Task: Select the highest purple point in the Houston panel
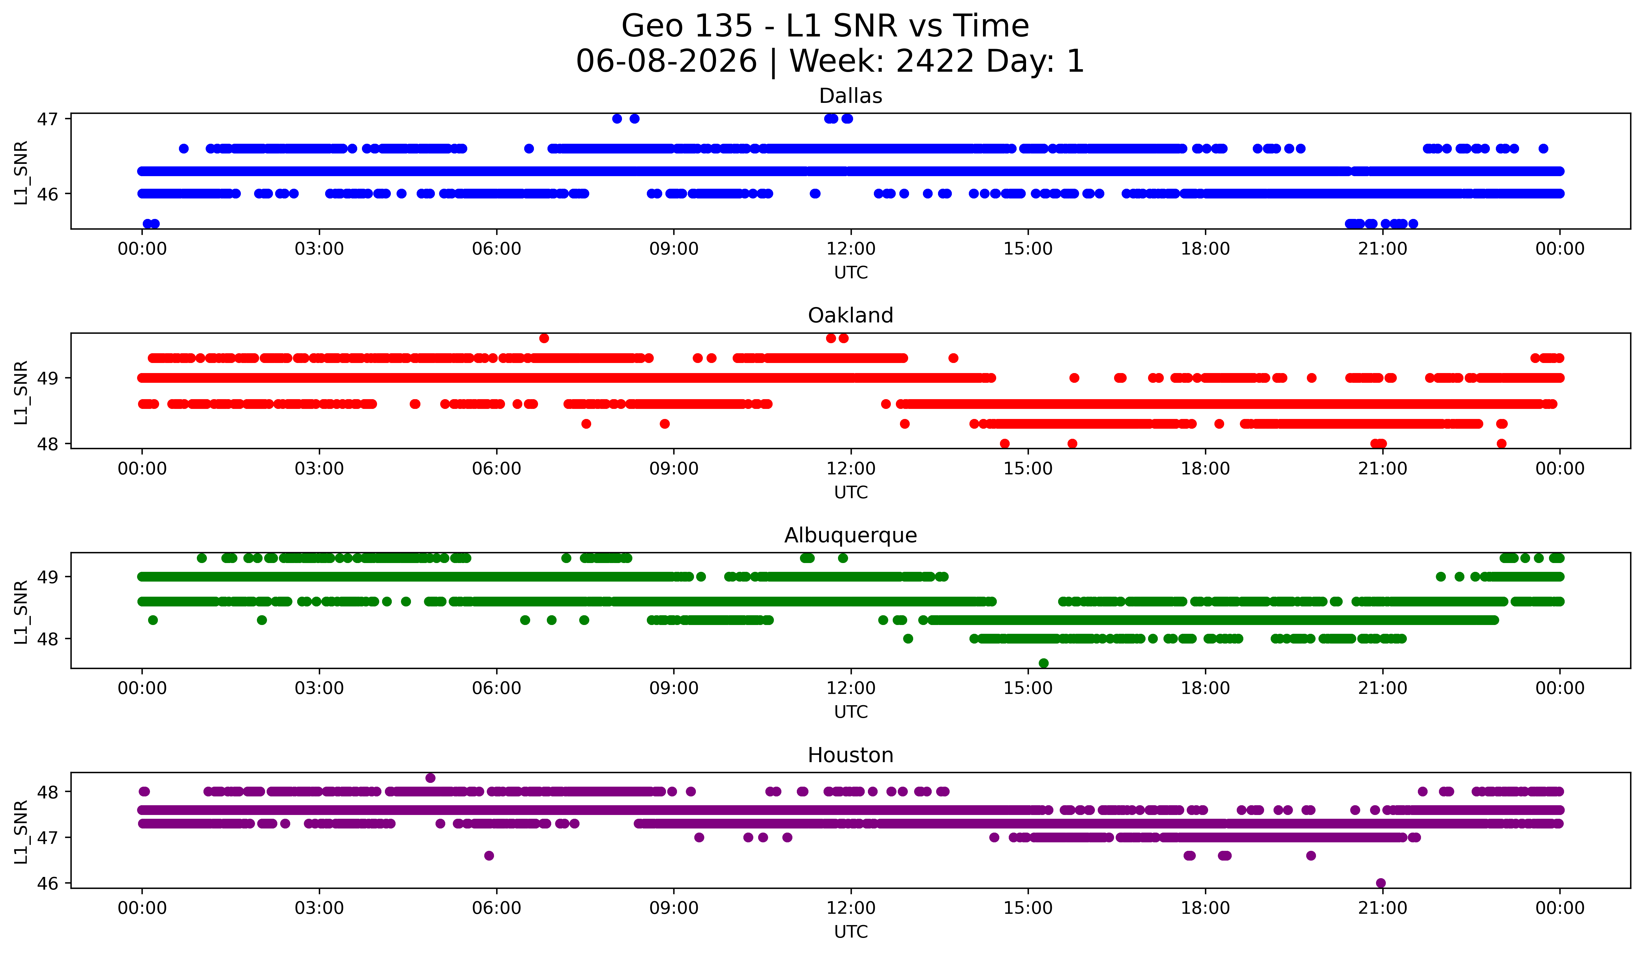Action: coord(430,778)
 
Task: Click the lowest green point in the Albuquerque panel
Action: coord(1043,663)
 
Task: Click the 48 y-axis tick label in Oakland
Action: coord(47,444)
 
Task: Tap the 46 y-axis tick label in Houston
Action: coord(47,884)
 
